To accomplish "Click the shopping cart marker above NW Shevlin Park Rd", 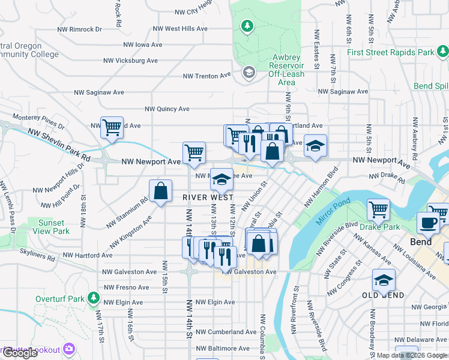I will (x=112, y=128).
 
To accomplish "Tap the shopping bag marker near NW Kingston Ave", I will (x=161, y=191).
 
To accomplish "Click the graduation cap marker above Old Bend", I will (x=384, y=280).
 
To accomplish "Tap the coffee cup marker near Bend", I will (x=428, y=223).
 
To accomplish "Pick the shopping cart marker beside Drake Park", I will (x=379, y=210).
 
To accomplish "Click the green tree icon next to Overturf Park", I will (x=93, y=298).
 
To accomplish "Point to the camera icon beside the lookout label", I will (x=70, y=349).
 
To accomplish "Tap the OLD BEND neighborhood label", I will (x=383, y=296).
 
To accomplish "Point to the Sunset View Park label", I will (x=50, y=227).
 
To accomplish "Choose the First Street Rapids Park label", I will (x=390, y=53).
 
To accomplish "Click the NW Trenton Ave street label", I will (x=207, y=76).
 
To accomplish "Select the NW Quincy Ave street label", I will (x=167, y=109).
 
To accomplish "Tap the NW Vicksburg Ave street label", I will (x=130, y=61).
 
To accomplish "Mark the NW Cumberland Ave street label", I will (x=226, y=332).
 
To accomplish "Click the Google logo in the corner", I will (x=19, y=353).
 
